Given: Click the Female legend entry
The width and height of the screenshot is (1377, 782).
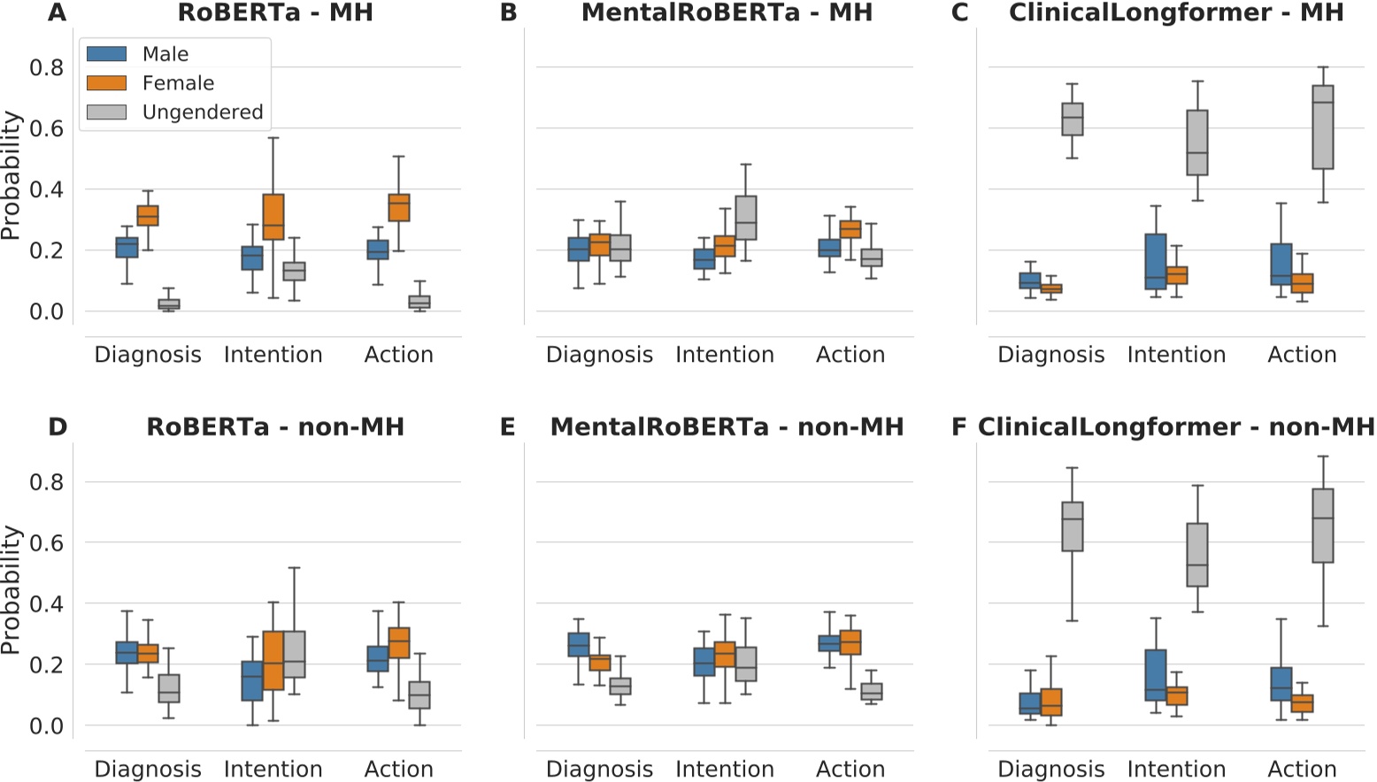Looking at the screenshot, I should pos(178,83).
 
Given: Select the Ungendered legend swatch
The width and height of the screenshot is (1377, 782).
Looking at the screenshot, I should pos(106,112).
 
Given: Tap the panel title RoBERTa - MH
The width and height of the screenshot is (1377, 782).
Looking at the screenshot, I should pos(275,12).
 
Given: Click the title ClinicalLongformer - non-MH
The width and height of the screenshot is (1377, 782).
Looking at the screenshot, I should pos(1176,427).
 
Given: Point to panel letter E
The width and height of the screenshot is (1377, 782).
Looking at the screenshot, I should pos(508,427).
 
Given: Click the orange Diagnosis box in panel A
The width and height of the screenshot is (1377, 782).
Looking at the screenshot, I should pos(148,216).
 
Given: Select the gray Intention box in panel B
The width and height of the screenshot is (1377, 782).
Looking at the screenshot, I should pos(746,218).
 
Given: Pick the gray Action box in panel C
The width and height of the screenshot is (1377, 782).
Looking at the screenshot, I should pos(1323,126).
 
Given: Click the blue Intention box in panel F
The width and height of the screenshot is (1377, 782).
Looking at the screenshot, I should pos(1156,675).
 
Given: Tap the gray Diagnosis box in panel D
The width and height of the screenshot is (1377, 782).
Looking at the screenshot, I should pos(169,688).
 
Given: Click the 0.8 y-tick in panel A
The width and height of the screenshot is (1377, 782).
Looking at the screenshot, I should pos(46,68).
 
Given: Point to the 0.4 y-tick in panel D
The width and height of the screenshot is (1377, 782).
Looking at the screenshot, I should pos(46,604).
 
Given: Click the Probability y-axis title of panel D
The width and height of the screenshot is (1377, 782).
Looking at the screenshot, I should pos(11,590).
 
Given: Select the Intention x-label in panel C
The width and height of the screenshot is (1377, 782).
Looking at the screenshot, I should pos(1176,355).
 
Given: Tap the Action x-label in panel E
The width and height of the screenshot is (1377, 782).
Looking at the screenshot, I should pos(850,769).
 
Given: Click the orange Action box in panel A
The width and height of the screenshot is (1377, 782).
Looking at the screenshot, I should pos(399,208).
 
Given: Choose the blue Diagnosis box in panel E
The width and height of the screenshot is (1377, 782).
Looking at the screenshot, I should pos(579,645).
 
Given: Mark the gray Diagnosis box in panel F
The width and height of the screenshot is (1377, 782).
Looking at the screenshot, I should pos(1073,526).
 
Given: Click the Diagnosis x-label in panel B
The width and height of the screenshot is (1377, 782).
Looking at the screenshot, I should pos(599,355).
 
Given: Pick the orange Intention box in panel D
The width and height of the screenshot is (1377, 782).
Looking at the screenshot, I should pos(273,660).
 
